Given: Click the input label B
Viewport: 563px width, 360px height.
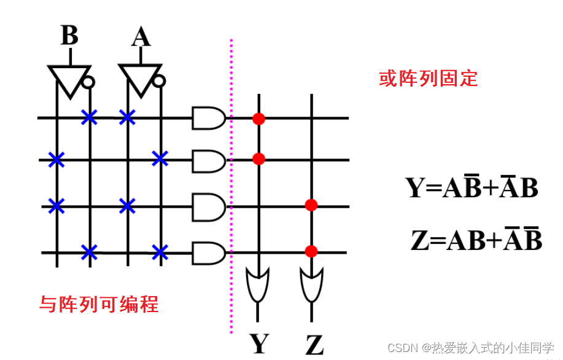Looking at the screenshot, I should (x=69, y=36).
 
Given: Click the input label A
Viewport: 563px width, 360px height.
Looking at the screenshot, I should (x=141, y=37).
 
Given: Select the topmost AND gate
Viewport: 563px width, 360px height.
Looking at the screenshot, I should (x=208, y=117).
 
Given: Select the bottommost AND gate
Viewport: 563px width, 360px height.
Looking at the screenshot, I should (x=208, y=252).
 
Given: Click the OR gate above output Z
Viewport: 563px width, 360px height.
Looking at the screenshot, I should (x=311, y=284).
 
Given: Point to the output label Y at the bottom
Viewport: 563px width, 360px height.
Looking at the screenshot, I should (x=258, y=343).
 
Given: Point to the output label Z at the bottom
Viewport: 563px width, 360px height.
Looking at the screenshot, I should (x=314, y=344).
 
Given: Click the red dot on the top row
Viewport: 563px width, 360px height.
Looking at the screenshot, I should (x=258, y=118).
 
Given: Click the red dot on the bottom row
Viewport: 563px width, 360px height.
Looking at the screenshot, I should (x=311, y=251).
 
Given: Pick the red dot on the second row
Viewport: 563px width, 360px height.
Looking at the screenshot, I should (x=258, y=159).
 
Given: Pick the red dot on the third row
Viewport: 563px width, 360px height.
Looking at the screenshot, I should (x=311, y=205).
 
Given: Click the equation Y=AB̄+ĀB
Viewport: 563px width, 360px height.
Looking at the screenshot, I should (x=472, y=187).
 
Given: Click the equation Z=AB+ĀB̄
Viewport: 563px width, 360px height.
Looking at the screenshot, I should (x=476, y=240).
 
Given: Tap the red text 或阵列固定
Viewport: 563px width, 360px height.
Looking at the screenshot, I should (x=428, y=79).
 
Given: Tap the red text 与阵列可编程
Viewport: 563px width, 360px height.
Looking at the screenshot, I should (x=99, y=303).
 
